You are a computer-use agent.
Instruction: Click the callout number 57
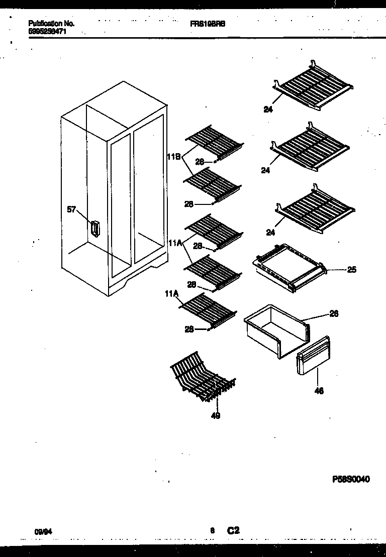tap(71, 209)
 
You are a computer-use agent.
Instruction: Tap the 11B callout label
tap(173, 156)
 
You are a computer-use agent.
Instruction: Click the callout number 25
tap(351, 270)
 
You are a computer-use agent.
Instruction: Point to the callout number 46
tap(319, 391)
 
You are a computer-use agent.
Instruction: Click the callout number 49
tap(216, 415)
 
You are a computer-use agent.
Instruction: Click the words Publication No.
tap(52, 24)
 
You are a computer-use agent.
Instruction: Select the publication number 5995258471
tap(48, 31)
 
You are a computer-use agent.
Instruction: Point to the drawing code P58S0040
tap(351, 479)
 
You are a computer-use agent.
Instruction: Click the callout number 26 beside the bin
tap(334, 314)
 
